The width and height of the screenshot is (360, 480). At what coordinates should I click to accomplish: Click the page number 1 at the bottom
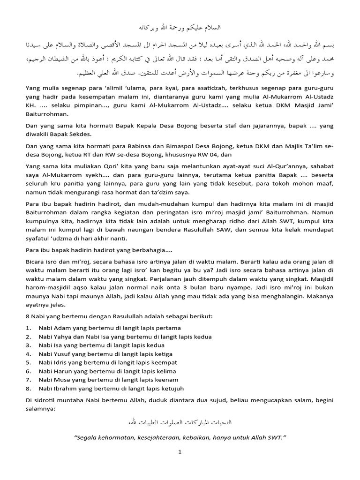pos(180,452)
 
